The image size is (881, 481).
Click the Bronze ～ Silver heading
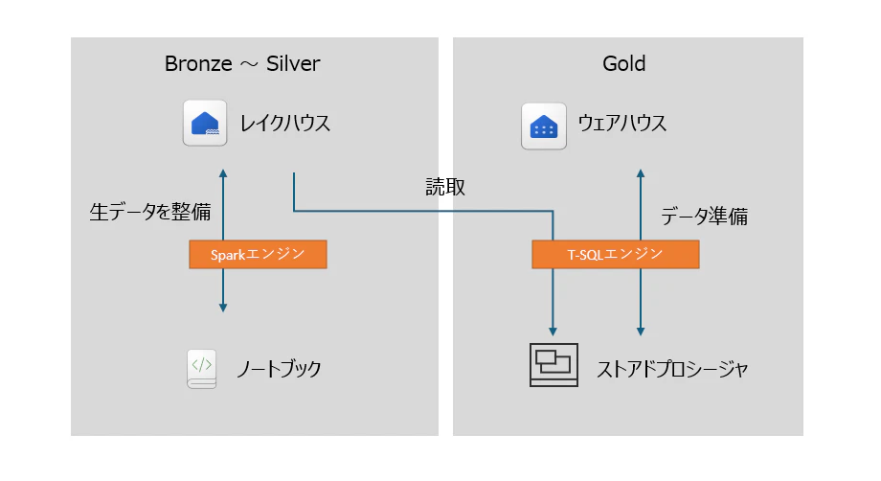tap(242, 63)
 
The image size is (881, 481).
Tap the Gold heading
tap(623, 63)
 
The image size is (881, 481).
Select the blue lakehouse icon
tap(205, 123)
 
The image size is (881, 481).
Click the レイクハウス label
tap(284, 123)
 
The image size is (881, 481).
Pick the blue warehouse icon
tap(543, 126)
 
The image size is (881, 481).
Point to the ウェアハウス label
tap(622, 123)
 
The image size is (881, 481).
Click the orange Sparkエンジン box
tap(258, 255)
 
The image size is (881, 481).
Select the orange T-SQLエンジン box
tap(615, 255)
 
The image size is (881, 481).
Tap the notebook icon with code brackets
tap(202, 369)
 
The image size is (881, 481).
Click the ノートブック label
tap(279, 369)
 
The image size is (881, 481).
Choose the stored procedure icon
tap(553, 365)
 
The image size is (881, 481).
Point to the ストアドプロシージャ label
tap(672, 369)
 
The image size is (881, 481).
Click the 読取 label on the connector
tap(445, 187)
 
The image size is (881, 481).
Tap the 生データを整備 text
tap(150, 212)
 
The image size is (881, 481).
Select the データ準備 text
tap(704, 217)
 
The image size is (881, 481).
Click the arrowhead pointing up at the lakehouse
tap(223, 173)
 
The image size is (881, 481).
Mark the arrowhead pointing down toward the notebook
tap(223, 308)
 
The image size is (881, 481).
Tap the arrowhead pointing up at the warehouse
tap(641, 173)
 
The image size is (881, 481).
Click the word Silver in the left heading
tap(293, 63)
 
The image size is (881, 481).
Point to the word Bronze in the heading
tap(198, 63)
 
